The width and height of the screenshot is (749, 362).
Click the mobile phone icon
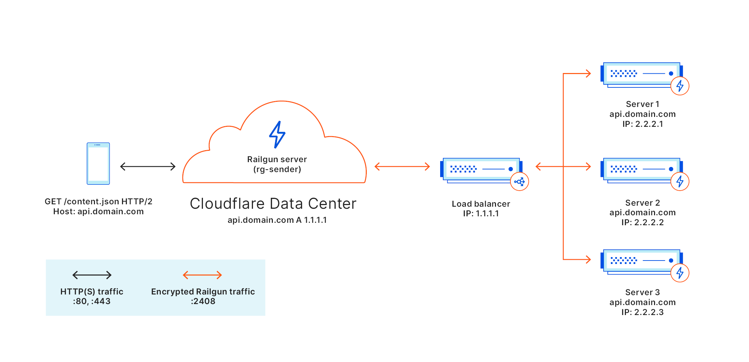click(x=98, y=164)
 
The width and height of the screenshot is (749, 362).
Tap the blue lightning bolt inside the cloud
click(x=277, y=134)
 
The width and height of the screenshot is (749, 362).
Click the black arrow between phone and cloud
click(x=148, y=167)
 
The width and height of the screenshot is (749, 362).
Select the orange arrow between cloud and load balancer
click(x=402, y=167)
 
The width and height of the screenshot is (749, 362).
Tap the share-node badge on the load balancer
click(x=519, y=182)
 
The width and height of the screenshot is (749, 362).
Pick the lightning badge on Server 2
click(x=680, y=182)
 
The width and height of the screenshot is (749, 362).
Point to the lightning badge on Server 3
click(x=680, y=273)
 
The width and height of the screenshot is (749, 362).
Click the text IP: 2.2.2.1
click(x=643, y=124)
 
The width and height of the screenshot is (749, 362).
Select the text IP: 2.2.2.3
click(x=642, y=312)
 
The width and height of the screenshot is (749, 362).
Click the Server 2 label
click(x=642, y=203)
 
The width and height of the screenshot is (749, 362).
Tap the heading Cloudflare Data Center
click(x=273, y=204)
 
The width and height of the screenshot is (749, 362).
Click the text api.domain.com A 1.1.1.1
click(x=277, y=220)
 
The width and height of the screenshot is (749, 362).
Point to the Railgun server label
click(x=277, y=159)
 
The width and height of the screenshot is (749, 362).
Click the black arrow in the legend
click(x=92, y=275)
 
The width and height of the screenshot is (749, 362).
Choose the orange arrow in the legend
click(x=202, y=275)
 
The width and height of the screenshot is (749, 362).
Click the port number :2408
click(x=203, y=301)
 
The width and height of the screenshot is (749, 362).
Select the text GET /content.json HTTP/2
click(x=98, y=202)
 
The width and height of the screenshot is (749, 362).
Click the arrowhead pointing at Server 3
click(x=588, y=260)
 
